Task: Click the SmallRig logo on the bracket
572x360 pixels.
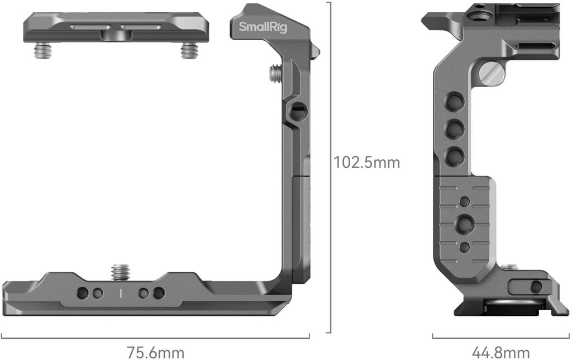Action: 263,27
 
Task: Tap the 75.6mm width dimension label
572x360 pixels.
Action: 155,353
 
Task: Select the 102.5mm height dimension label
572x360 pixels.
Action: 366,163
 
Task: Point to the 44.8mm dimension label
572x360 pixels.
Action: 500,353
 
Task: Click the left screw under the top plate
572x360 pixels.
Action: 43,50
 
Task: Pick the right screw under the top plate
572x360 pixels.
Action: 189,50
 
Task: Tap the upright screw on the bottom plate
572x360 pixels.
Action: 121,272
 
